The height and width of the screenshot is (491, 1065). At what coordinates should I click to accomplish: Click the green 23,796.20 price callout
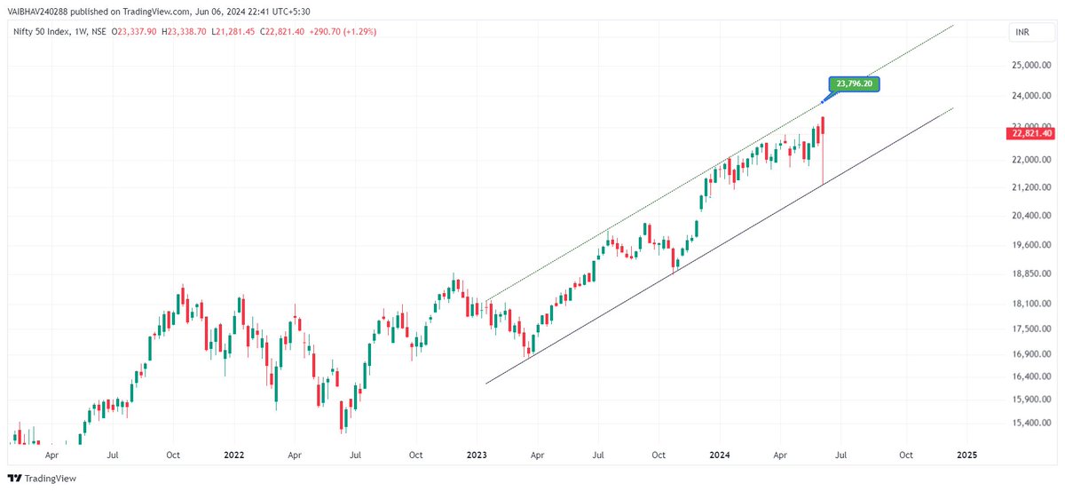855,84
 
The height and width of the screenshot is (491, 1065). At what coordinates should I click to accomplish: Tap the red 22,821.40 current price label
1031,133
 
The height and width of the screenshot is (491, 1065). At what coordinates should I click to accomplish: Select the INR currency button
1022,33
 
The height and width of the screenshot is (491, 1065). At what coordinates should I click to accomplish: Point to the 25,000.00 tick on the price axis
1032,65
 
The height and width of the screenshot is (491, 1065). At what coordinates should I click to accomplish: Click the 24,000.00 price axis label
1032,96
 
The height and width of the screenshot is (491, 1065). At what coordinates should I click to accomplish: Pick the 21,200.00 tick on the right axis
1032,187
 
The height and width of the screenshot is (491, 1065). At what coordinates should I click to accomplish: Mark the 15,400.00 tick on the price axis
1032,423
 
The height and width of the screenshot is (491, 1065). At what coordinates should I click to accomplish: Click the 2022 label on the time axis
233,455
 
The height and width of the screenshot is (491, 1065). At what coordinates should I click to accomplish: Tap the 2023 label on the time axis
477,455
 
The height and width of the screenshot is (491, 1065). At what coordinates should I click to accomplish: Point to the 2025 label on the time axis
967,455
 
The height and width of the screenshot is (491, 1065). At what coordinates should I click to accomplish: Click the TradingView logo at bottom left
43,479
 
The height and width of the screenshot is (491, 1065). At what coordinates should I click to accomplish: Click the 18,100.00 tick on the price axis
1032,304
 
